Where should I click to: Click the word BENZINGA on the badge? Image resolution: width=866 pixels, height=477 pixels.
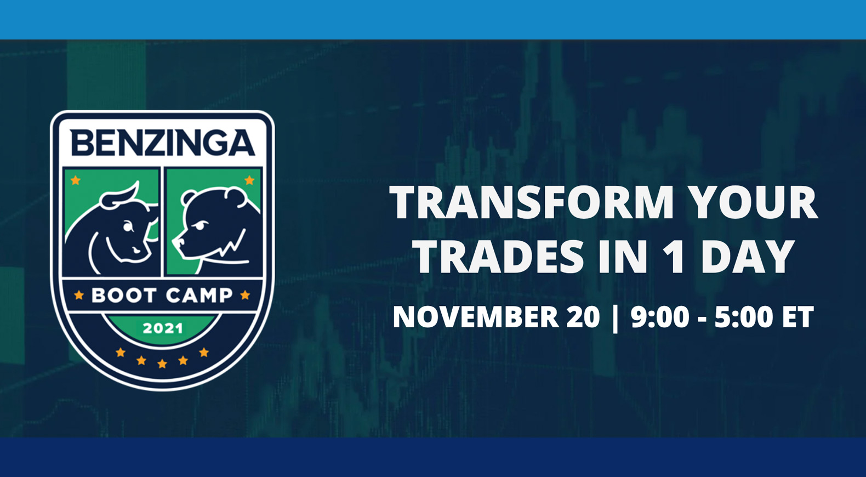coord(162,143)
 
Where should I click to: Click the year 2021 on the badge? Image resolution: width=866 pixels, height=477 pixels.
coord(162,329)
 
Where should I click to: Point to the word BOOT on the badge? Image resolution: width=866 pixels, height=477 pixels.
coord(123,296)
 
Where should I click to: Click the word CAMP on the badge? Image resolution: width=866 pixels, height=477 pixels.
coord(200,296)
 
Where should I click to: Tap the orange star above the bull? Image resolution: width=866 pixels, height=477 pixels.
coord(76,180)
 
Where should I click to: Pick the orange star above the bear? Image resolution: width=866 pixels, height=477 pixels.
coord(249,180)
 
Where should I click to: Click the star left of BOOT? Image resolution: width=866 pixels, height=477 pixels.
coord(79,296)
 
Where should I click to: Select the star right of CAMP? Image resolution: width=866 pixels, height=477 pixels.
coord(245,296)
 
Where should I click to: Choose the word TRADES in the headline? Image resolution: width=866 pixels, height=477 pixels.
coord(499,257)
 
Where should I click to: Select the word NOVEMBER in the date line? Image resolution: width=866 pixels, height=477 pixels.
coord(476,317)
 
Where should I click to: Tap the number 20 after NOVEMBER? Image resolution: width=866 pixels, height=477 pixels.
coord(584,317)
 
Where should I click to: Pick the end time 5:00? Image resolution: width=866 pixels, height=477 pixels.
coord(743,317)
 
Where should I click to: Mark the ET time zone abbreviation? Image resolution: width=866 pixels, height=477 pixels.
coord(798,317)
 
